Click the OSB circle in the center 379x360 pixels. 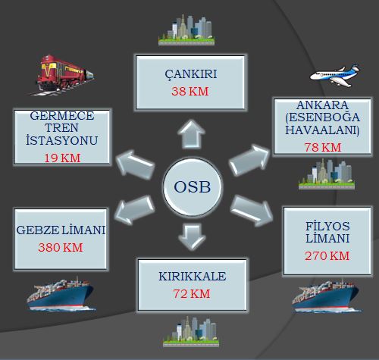[x=193, y=186]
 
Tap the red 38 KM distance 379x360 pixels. [x=190, y=92]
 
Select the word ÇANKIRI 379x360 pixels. [x=191, y=74]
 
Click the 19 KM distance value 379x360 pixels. [x=62, y=158]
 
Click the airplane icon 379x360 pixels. [x=334, y=76]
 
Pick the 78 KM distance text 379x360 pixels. [x=323, y=148]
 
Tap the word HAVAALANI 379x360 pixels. [x=322, y=130]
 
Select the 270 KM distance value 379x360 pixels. [x=327, y=256]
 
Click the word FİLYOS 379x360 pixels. [x=327, y=226]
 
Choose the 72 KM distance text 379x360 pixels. [x=192, y=294]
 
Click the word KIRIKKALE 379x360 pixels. [x=193, y=276]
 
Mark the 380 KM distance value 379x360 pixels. [x=61, y=248]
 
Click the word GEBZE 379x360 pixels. [x=38, y=230]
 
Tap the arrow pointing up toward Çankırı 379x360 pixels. [x=191, y=134]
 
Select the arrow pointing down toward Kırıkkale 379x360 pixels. [x=192, y=237]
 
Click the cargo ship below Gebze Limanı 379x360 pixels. [x=61, y=294]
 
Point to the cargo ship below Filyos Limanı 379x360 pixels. [x=326, y=296]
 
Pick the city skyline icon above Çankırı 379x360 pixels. [x=186, y=30]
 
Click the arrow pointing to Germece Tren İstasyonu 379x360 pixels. [x=135, y=165]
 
